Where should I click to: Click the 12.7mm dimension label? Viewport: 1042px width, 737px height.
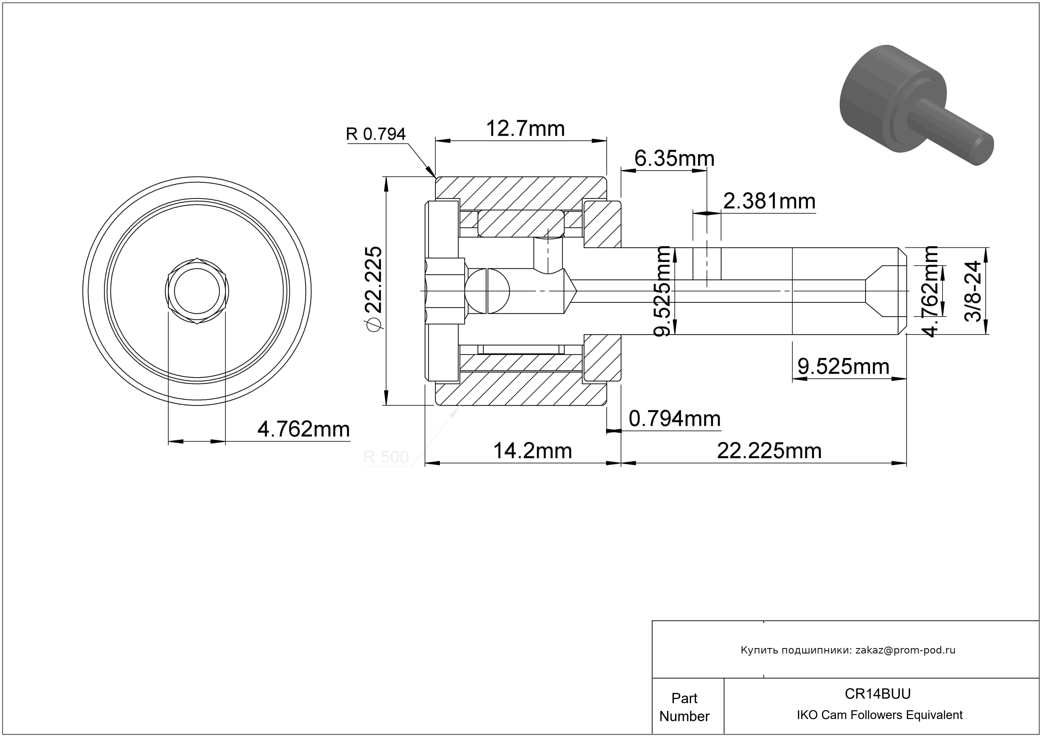(x=525, y=129)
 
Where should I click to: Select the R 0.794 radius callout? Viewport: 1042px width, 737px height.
(x=376, y=134)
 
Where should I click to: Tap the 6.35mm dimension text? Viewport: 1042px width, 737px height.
(x=674, y=158)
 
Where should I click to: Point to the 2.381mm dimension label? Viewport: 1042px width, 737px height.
(x=769, y=201)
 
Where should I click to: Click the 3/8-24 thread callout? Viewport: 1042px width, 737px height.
(x=973, y=291)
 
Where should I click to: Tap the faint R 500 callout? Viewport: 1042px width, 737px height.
(x=386, y=457)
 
